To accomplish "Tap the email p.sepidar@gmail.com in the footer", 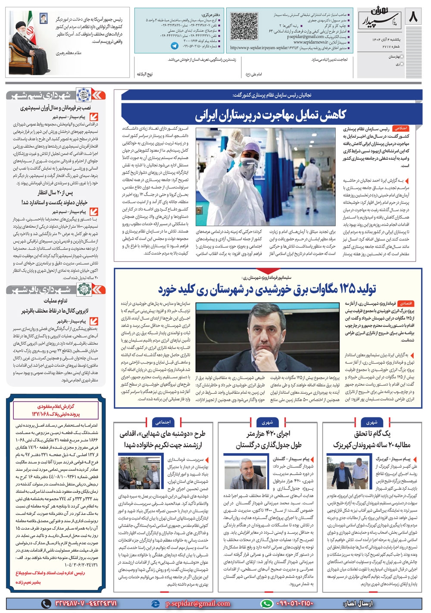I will click(198, 604).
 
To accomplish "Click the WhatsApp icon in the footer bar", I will click(267, 604).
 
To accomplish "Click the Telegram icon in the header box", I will click(175, 45).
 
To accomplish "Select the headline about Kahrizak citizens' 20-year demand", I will click(372, 439).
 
